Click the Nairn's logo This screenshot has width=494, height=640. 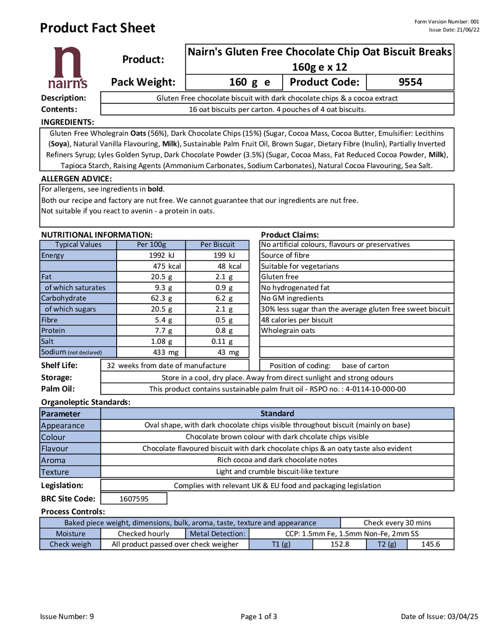(68, 68)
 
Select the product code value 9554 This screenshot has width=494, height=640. (410, 82)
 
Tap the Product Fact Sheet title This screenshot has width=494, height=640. (97, 28)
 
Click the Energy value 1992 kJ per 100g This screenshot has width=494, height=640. (161, 255)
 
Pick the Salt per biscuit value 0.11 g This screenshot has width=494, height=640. (222, 342)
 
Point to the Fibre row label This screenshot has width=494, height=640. (49, 320)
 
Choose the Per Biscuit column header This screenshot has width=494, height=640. (217, 245)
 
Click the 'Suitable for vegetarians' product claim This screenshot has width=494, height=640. (300, 266)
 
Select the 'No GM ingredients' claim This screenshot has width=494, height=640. (292, 298)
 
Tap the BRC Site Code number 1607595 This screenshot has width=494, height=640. (134, 499)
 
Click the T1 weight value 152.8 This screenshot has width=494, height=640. (340, 544)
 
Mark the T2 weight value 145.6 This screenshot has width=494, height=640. (430, 544)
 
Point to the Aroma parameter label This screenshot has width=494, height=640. (53, 461)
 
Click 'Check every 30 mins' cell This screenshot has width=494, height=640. (397, 523)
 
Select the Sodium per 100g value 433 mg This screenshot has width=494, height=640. (166, 353)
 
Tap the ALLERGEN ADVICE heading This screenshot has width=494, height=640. (76, 179)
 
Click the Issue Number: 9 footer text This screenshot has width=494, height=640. (67, 617)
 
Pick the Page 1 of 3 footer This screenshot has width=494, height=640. (259, 617)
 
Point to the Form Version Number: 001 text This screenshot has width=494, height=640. (446, 22)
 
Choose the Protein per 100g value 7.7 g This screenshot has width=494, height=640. (163, 331)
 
